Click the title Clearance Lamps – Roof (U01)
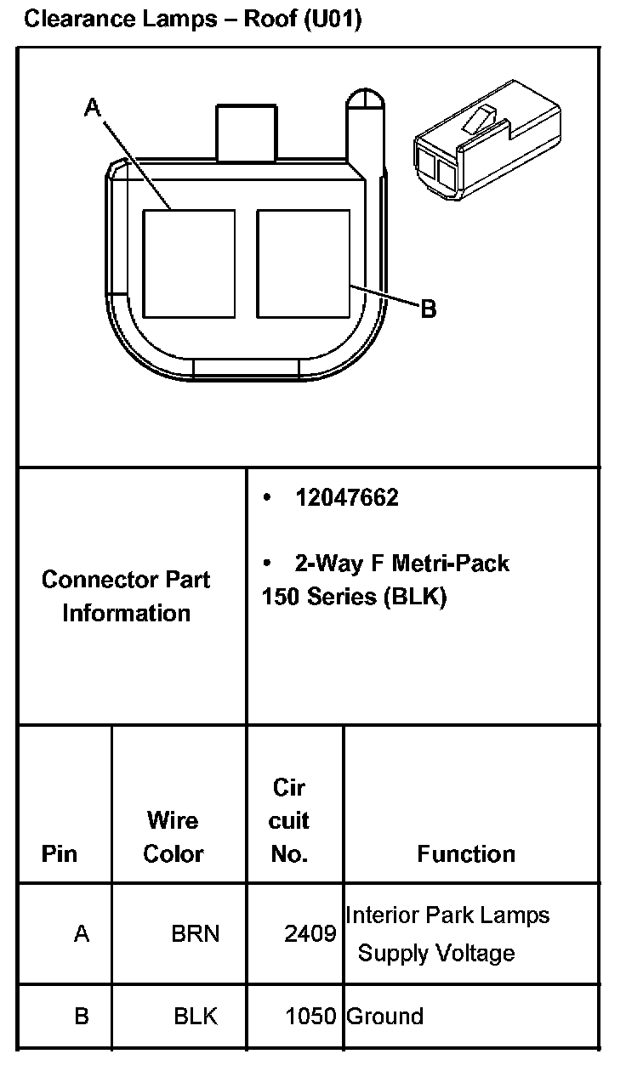click(x=193, y=20)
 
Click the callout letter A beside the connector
click(x=93, y=107)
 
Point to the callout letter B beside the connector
click(x=429, y=309)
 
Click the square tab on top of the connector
click(x=247, y=132)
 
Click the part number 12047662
click(x=346, y=498)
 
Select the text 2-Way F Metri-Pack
click(x=401, y=563)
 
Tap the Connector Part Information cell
click(x=126, y=596)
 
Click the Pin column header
click(x=59, y=853)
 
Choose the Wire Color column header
click(x=174, y=837)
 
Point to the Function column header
click(x=466, y=853)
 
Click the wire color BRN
click(x=196, y=934)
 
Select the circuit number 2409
click(x=310, y=935)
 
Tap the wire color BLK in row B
click(x=196, y=1016)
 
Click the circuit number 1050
click(x=310, y=1016)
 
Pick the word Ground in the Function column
click(x=385, y=1016)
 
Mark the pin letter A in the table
click(x=82, y=934)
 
